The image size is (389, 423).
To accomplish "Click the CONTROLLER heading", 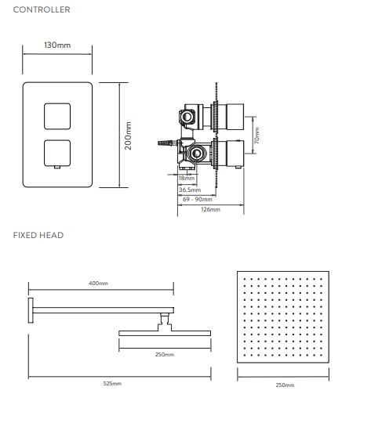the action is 42,9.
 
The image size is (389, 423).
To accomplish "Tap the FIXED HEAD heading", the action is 38,235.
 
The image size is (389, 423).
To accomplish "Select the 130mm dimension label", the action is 57,45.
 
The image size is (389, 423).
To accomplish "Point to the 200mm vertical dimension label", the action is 128,136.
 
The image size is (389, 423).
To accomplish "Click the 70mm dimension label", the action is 257,136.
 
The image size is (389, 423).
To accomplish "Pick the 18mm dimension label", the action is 187,178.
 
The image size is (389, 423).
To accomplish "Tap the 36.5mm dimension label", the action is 190,190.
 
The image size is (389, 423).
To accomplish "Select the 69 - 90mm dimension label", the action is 198,200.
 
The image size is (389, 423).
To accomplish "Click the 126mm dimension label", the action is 210,209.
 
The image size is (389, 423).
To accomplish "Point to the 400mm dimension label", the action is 98,284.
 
